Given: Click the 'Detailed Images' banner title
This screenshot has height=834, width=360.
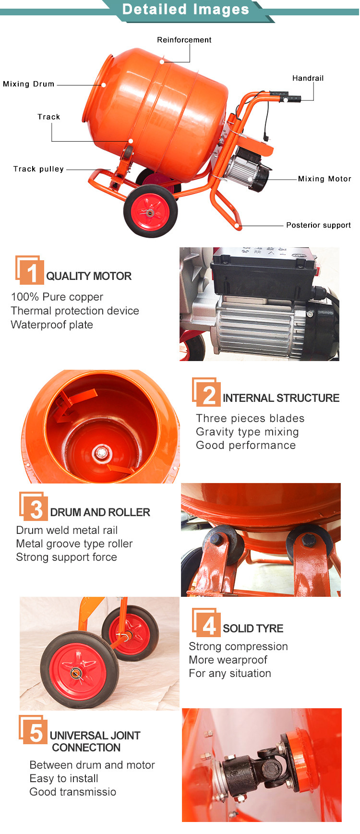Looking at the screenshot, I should click(186, 10).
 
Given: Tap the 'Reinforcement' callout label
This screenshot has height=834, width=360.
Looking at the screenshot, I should click(184, 40).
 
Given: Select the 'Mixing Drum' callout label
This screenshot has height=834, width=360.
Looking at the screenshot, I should click(29, 84).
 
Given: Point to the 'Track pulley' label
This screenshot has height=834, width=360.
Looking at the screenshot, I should click(38, 169).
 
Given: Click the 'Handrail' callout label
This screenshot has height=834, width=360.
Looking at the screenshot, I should click(308, 78).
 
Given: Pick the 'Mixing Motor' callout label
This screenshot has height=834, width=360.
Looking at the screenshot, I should click(324, 179).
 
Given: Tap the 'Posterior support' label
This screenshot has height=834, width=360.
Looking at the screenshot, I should click(318, 225).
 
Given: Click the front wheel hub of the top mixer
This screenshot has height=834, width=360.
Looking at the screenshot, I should click(150, 211).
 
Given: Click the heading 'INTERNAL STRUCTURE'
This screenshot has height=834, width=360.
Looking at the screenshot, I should click(281, 398).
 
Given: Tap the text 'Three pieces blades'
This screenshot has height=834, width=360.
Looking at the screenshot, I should click(250, 418).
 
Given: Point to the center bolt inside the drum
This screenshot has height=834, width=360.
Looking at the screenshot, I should click(101, 452).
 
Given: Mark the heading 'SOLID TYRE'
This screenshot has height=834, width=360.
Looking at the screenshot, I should click(253, 629).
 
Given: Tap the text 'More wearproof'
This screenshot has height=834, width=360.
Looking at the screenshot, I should click(228, 660).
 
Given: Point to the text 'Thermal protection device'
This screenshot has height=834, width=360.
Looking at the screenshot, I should click(75, 311).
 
